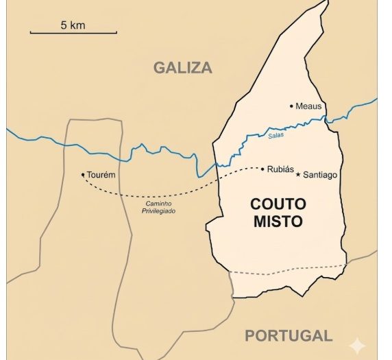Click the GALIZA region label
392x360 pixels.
point(182,67)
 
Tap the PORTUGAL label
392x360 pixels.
point(289,335)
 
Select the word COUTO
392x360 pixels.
point(278,204)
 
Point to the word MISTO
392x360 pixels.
point(278,221)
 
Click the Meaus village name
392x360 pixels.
point(308,106)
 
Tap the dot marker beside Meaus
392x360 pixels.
point(291,106)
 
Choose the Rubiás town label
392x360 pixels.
point(280,169)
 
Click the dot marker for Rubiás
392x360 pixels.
point(262,169)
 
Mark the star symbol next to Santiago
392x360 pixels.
point(297,175)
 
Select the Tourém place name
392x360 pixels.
point(101,175)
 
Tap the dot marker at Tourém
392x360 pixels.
point(83,175)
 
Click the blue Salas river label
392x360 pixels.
point(275,136)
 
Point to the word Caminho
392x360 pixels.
point(158,204)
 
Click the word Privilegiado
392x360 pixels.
point(158,211)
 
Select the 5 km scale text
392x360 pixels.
point(73,25)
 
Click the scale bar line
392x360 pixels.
point(73,32)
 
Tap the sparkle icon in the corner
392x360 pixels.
point(357,346)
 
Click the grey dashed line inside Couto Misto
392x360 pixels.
point(288,269)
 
